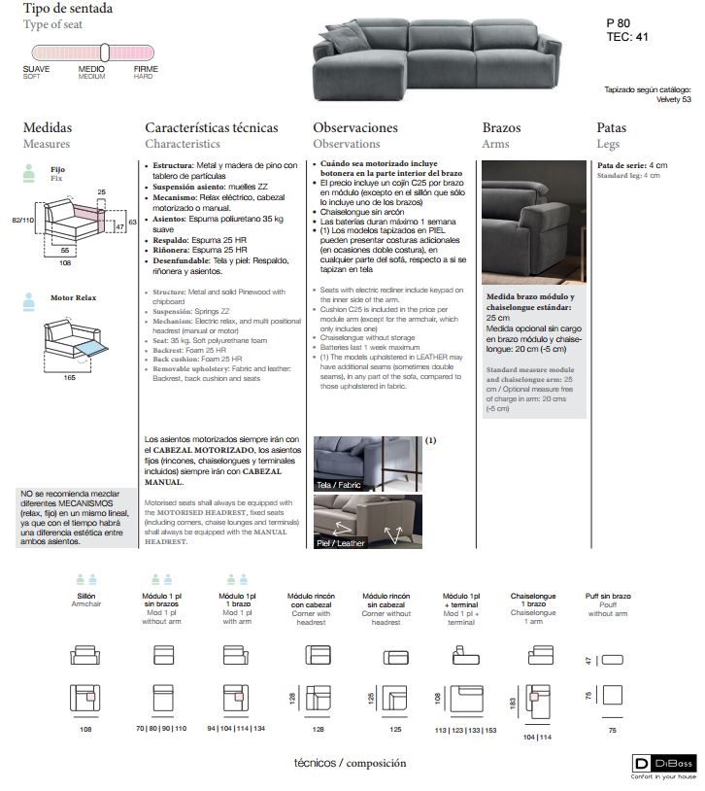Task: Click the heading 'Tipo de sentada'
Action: click(68, 9)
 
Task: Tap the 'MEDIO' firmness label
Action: click(91, 70)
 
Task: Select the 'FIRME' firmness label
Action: click(146, 70)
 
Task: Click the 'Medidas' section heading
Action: click(48, 127)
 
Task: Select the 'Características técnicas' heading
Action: click(211, 127)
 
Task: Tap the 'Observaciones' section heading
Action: click(355, 127)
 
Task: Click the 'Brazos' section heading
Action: click(501, 127)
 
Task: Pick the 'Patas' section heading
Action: click(611, 127)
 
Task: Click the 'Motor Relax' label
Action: click(74, 297)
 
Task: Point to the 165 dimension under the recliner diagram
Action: click(70, 377)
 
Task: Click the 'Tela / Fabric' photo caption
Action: click(338, 483)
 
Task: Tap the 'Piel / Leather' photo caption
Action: click(341, 543)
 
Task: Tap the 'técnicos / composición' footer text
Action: click(350, 763)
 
